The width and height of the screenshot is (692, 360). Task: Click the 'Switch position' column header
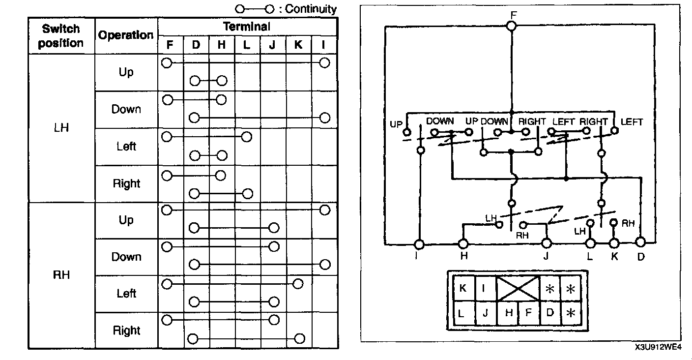pyautogui.click(x=61, y=35)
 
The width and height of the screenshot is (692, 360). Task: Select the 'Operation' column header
pyautogui.click(x=126, y=35)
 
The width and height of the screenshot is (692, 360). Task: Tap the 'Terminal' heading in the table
pyautogui.click(x=247, y=26)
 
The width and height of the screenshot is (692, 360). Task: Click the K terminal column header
pyautogui.click(x=298, y=45)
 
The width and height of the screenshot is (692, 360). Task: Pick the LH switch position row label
pyautogui.click(x=61, y=128)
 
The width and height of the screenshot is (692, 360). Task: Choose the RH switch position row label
pyautogui.click(x=61, y=275)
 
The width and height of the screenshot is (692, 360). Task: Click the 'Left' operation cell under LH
pyautogui.click(x=126, y=146)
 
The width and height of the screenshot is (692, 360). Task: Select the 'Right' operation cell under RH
pyautogui.click(x=126, y=330)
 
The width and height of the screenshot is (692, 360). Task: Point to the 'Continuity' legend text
pyautogui.click(x=311, y=9)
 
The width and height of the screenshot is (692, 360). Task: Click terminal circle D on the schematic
pyautogui.click(x=640, y=242)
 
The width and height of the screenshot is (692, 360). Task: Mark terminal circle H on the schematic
pyautogui.click(x=463, y=243)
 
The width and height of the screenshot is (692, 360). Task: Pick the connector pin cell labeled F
pyautogui.click(x=528, y=313)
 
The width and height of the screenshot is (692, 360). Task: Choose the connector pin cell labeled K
pyautogui.click(x=463, y=289)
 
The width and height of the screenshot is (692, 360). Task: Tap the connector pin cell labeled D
pyautogui.click(x=550, y=313)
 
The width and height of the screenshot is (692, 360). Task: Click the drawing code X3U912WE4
pyautogui.click(x=658, y=347)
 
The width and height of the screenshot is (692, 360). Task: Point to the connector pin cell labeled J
pyautogui.click(x=485, y=313)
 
